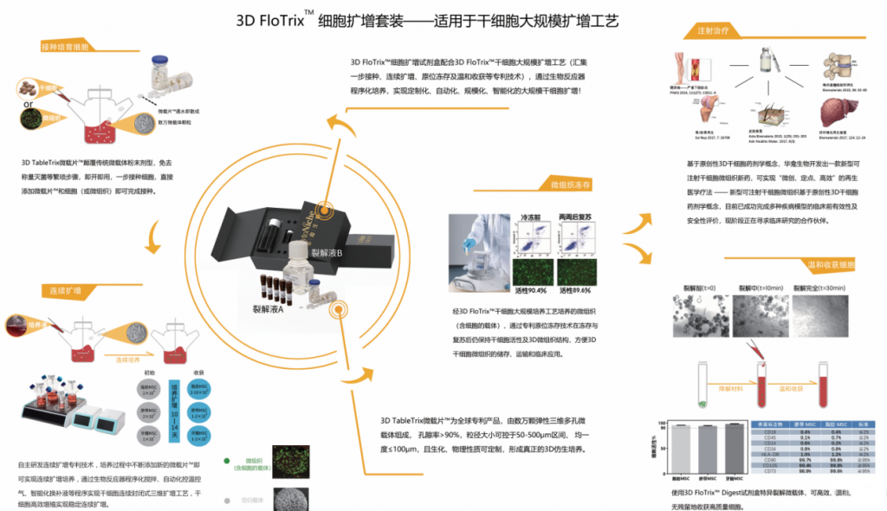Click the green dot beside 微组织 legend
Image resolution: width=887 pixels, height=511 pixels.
tap(227, 462)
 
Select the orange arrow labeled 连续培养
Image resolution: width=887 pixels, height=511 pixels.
tap(122, 355)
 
